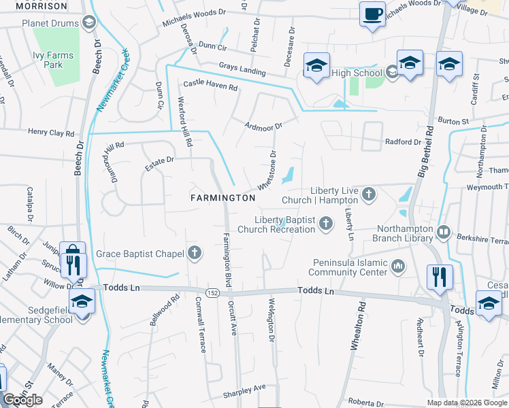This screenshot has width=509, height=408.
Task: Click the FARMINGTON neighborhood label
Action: click(223, 198)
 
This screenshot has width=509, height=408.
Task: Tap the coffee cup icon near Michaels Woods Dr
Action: click(372, 14)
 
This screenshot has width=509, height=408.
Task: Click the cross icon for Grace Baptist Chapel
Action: click(195, 254)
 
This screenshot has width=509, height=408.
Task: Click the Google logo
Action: click(22, 400)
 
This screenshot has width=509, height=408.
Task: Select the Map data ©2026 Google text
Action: click(467, 403)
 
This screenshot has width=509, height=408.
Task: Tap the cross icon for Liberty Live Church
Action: click(369, 195)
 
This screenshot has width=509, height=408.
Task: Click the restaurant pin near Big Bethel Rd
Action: click(439, 277)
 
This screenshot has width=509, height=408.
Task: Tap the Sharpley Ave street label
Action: click(245, 390)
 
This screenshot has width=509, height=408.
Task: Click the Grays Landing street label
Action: click(242, 69)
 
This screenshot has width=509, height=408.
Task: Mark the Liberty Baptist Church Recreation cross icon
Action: click(326, 222)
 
